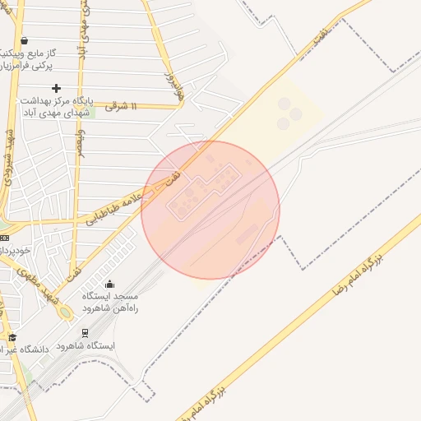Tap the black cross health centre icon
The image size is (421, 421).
(x=56, y=88)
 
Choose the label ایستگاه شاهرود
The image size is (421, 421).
(x=88, y=346)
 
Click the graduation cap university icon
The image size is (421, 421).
(x=12, y=337)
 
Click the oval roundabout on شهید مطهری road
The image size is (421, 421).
(x=64, y=313)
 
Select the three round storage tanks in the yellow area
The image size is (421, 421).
(x=288, y=113)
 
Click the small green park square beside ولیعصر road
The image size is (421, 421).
(x=91, y=112)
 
